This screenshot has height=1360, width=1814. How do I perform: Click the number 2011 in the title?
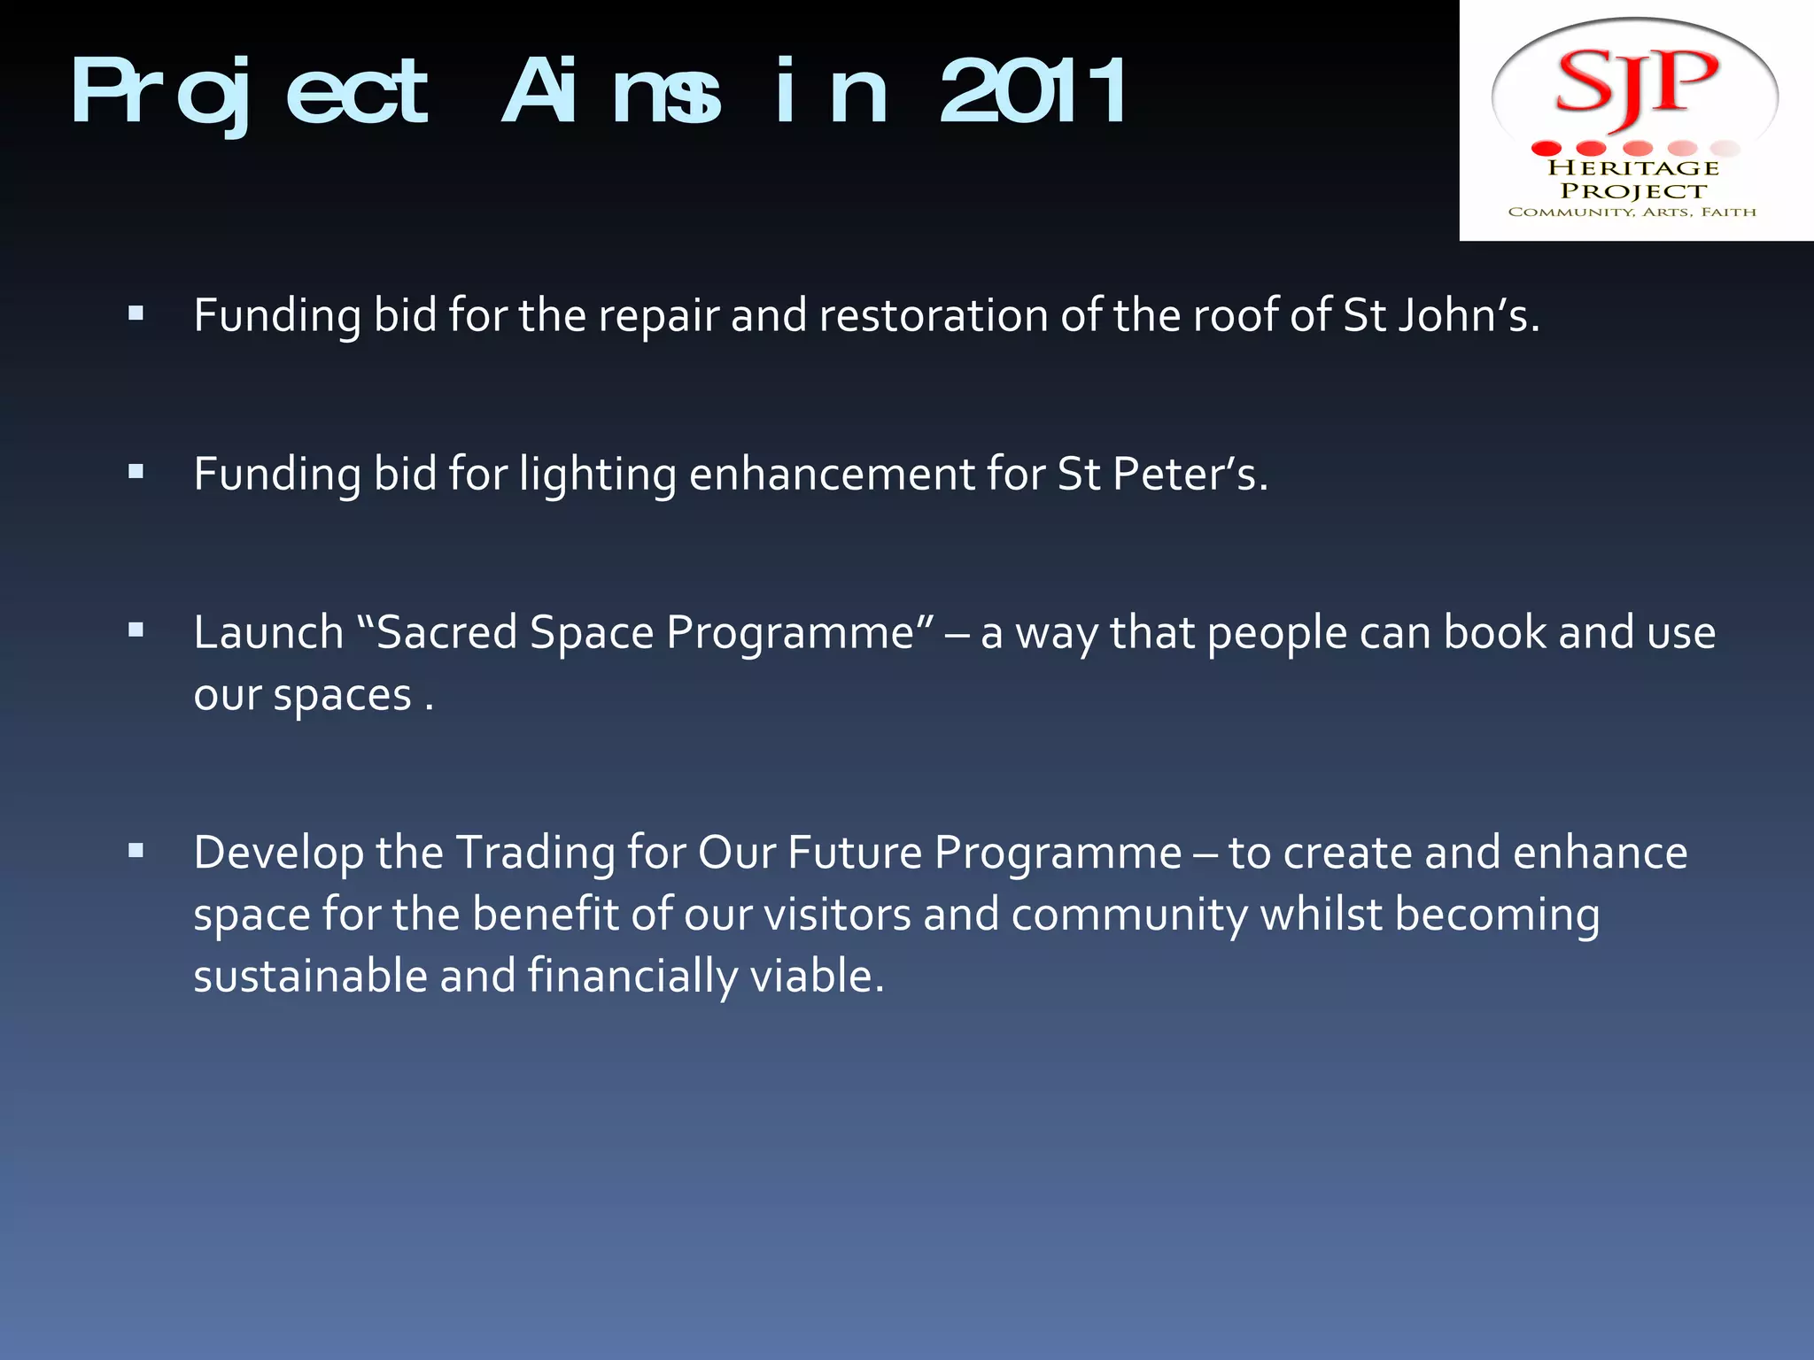(1033, 91)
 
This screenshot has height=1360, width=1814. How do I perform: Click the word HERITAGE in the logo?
(1632, 167)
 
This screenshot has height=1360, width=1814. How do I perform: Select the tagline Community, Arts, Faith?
(1632, 212)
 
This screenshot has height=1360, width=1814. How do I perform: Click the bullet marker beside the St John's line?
(136, 313)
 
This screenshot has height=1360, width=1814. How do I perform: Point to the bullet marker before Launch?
(136, 630)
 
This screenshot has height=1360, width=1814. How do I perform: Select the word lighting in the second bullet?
(597, 475)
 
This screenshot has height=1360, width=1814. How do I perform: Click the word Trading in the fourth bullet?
(536, 854)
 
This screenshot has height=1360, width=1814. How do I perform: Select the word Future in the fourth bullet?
(855, 853)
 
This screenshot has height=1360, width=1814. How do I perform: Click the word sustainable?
(310, 976)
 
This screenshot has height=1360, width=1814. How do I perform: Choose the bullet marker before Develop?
(136, 852)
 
